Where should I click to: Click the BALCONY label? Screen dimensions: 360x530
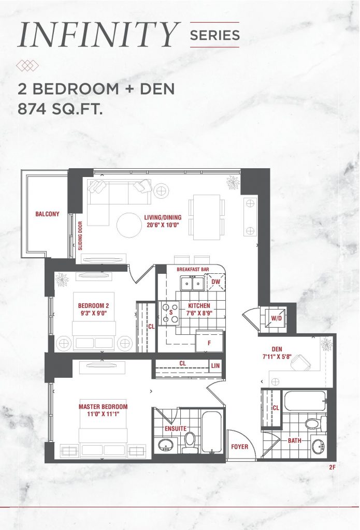click(x=47, y=214)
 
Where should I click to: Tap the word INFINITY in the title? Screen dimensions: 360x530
click(x=98, y=35)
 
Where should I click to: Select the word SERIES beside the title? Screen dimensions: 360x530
click(x=215, y=35)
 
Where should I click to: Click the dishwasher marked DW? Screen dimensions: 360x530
click(x=215, y=282)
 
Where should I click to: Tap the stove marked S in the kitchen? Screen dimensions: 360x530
click(x=170, y=313)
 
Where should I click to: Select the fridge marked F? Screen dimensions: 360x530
click(x=209, y=342)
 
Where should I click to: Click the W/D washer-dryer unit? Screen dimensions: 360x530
click(x=276, y=318)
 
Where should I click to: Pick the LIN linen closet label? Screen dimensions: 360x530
click(x=215, y=365)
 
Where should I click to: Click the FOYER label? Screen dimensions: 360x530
click(x=239, y=447)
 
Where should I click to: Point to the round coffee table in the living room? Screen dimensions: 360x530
click(x=129, y=225)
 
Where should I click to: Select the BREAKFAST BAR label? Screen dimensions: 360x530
click(x=193, y=269)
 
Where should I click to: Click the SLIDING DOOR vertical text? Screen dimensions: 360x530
click(x=80, y=235)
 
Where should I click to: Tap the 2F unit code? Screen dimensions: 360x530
click(x=332, y=467)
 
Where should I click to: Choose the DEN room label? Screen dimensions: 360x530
click(x=277, y=349)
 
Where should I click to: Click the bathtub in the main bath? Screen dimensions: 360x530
click(x=305, y=401)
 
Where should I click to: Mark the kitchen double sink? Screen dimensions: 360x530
click(x=192, y=283)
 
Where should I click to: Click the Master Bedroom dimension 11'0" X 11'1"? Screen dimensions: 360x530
click(x=103, y=414)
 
